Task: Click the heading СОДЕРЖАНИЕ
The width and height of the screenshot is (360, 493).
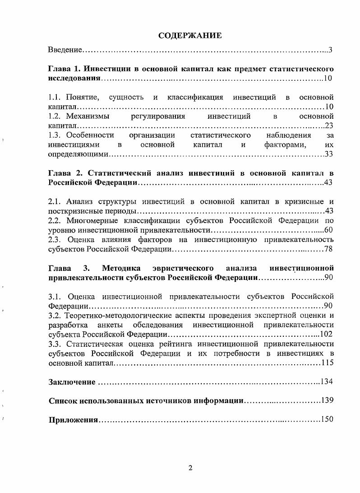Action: click(x=190, y=36)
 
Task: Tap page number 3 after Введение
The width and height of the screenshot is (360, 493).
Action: click(x=331, y=49)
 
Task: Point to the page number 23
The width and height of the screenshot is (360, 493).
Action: click(x=329, y=126)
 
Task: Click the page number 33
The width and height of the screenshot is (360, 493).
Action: click(x=329, y=154)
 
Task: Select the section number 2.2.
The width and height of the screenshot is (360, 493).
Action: click(x=54, y=221)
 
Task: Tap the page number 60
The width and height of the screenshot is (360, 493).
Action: click(x=329, y=230)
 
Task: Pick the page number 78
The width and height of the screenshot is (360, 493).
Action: click(x=329, y=249)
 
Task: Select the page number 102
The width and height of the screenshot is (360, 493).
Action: click(x=327, y=335)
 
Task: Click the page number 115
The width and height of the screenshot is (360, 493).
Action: click(x=327, y=363)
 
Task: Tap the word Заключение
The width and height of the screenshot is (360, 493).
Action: click(x=71, y=382)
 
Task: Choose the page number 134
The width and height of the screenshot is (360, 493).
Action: click(x=327, y=382)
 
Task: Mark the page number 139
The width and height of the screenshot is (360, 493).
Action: click(x=327, y=401)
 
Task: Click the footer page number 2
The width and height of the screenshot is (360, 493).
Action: click(x=190, y=468)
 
